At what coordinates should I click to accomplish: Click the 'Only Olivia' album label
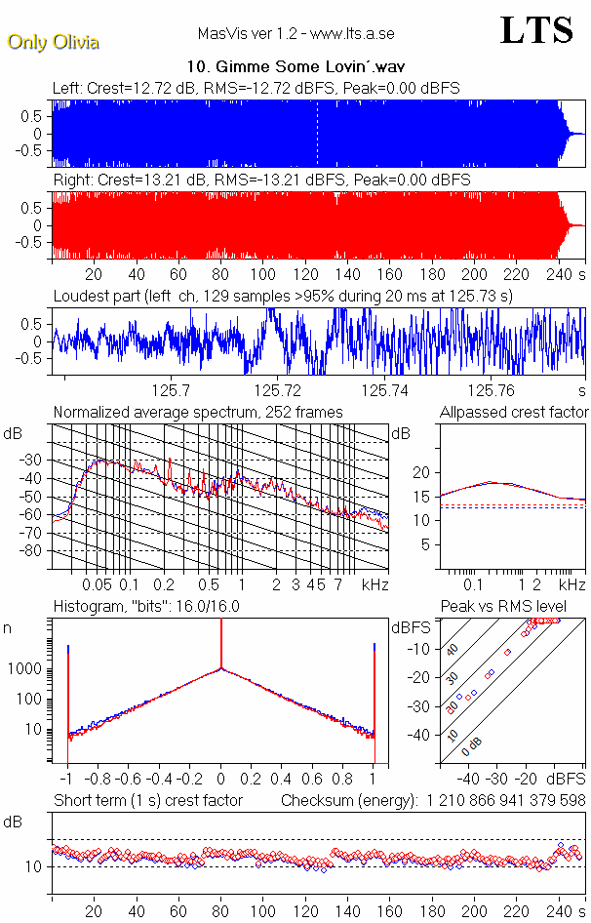pos(53,42)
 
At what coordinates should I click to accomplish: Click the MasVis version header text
pos(295,34)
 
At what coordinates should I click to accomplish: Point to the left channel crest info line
pos(256,88)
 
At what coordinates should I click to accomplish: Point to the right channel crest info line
pos(261,181)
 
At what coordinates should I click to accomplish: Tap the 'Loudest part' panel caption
pos(283,296)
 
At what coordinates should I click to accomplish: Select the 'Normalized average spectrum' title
pos(197,413)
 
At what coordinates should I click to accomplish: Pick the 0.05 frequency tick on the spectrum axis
pos(97,584)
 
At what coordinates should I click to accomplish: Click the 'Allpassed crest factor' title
pos(514,413)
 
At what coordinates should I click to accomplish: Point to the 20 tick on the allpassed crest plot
pos(421,472)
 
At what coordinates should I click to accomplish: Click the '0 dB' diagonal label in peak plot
pos(473,746)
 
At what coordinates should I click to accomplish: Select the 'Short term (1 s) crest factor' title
pos(147,800)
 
